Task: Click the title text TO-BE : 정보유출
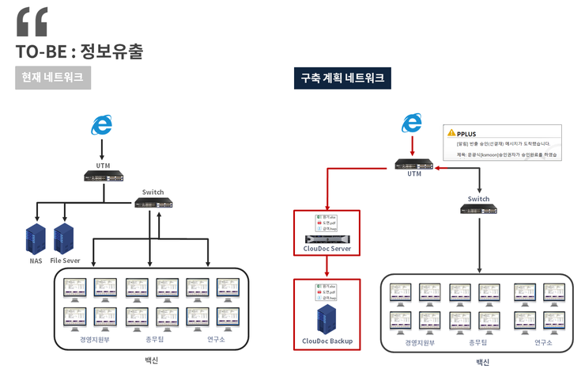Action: [x=79, y=52]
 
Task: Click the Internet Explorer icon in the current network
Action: [x=102, y=125]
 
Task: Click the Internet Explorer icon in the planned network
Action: [x=412, y=123]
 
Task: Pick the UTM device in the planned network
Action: [x=414, y=166]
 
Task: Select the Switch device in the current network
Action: [x=153, y=204]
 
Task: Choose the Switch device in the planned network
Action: [x=478, y=209]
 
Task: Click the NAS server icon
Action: [x=36, y=238]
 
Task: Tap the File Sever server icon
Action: [x=64, y=238]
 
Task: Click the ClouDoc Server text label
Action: [x=326, y=250]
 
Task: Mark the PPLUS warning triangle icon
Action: [x=451, y=133]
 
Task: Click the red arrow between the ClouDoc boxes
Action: [x=326, y=267]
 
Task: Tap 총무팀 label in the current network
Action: [x=155, y=339]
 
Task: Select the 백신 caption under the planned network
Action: [x=482, y=363]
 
